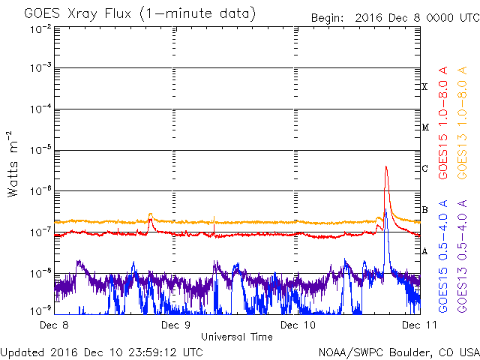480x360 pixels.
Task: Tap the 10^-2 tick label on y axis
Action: point(39,28)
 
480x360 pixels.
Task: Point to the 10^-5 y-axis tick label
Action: point(39,150)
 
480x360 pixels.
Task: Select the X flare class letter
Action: point(424,87)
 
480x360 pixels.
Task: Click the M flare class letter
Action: point(424,127)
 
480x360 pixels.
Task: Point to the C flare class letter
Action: point(424,169)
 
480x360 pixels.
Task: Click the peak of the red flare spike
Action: point(385,166)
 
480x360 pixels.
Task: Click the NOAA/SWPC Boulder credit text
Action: point(397,351)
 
